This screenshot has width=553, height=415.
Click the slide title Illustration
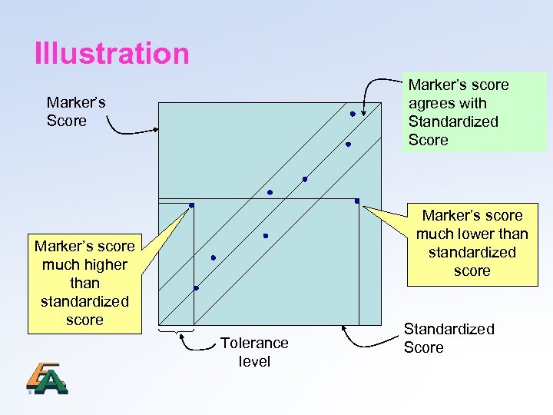coord(111,54)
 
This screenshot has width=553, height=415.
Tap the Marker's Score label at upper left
coord(75,111)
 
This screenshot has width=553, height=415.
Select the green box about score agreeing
coord(474,112)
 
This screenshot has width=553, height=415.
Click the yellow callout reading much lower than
coord(472,243)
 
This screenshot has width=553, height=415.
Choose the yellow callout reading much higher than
coord(84,282)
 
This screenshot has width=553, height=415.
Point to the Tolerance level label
coord(254,352)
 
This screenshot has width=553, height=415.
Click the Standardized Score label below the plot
coord(448,338)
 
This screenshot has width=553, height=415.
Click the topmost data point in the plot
coord(353,114)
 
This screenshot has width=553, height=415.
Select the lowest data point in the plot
coord(196,288)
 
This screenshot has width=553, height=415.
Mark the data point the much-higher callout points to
coord(191,205)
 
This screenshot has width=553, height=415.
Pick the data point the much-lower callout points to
coord(357,201)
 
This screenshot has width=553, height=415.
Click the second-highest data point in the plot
coord(348,144)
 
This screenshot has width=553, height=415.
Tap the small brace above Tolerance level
coord(176,331)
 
